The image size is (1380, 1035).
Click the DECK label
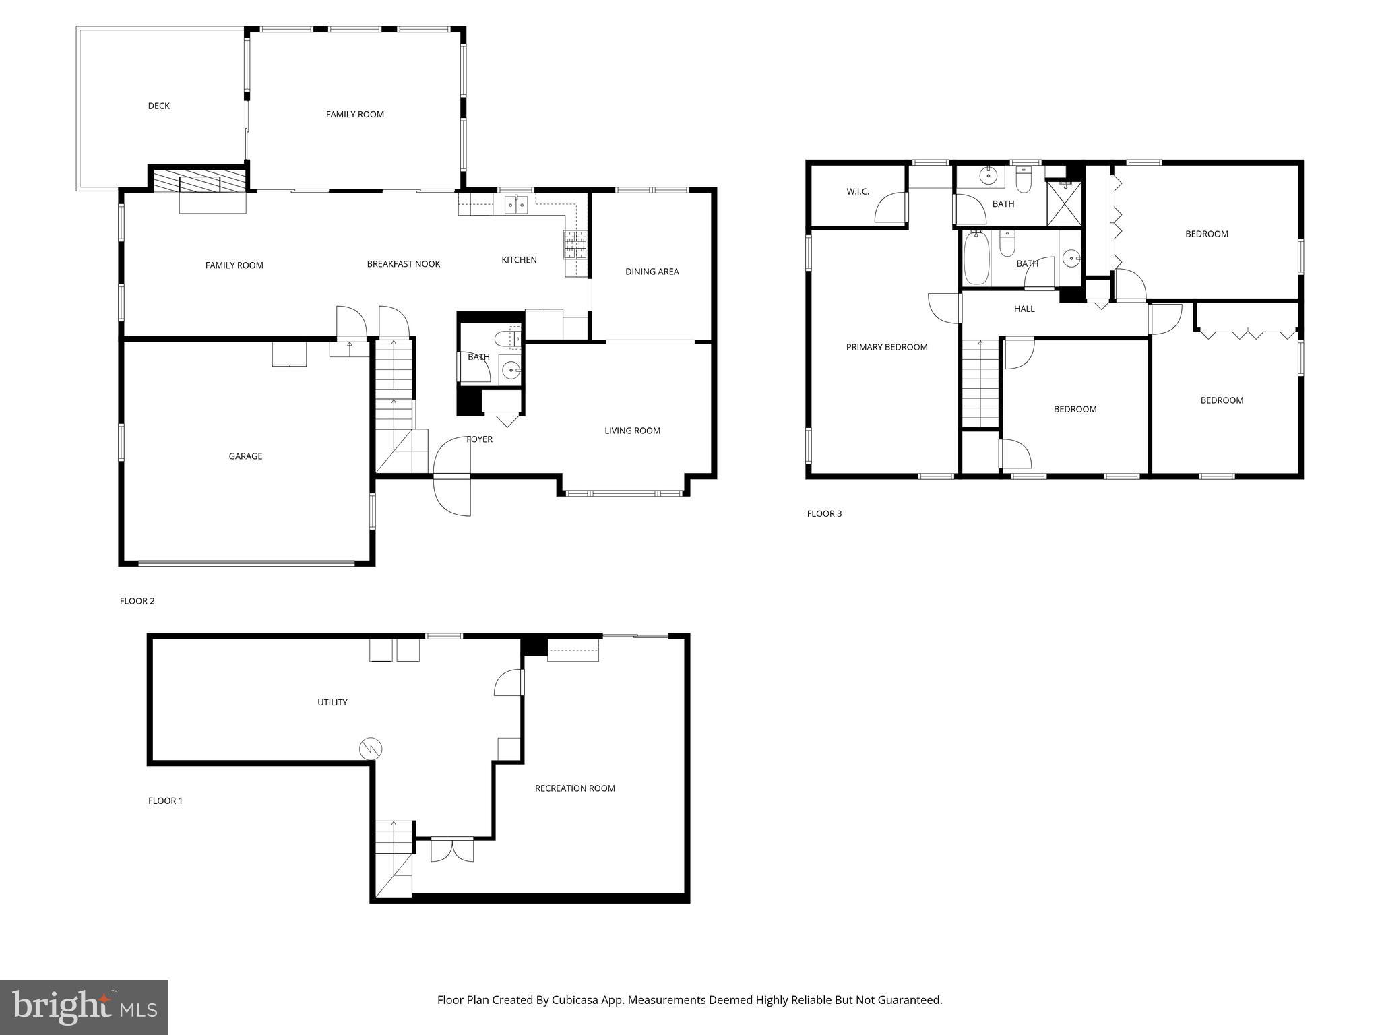(159, 106)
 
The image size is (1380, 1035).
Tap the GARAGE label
(245, 456)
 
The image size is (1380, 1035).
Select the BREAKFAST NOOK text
(403, 264)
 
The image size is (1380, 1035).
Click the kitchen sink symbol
(517, 203)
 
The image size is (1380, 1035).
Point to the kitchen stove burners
(575, 245)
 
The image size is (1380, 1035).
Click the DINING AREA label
(652, 272)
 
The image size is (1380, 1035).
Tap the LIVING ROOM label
(632, 431)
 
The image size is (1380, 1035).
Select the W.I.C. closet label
(857, 192)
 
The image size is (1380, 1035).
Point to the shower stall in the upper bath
(1064, 203)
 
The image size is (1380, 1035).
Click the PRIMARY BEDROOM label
(887, 347)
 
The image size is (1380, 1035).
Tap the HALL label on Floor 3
(1024, 309)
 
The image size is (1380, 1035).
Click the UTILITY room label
(332, 702)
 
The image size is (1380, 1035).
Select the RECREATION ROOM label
(575, 788)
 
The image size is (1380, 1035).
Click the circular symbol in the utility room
(371, 749)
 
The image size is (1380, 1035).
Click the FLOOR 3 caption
(824, 513)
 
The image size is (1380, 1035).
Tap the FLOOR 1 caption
(165, 801)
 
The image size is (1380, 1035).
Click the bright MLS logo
(84, 1007)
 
